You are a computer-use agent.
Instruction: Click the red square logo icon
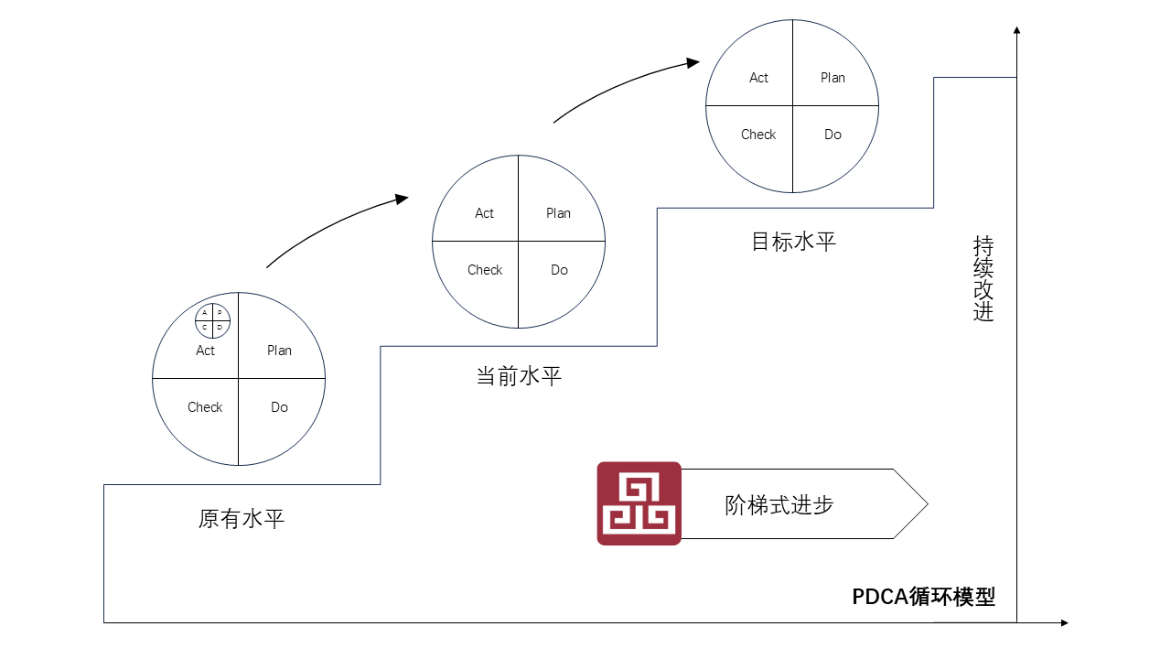click(639, 503)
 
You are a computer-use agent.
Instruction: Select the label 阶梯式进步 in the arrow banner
click(779, 505)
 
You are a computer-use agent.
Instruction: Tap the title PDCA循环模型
click(924, 597)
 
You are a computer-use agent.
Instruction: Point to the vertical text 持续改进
click(983, 279)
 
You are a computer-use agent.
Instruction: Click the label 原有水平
click(241, 519)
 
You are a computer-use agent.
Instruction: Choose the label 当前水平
click(519, 376)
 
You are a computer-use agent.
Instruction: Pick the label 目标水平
click(793, 242)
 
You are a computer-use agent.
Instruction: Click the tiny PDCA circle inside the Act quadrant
click(213, 320)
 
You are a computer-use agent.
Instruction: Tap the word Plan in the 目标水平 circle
click(833, 78)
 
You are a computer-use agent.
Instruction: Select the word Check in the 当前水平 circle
click(485, 270)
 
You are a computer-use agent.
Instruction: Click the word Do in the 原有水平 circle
click(279, 407)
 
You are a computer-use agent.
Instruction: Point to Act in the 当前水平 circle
click(484, 213)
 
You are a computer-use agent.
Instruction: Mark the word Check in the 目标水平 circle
click(758, 135)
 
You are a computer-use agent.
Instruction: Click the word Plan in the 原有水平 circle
click(279, 351)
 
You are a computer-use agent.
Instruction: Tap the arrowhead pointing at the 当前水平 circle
click(402, 199)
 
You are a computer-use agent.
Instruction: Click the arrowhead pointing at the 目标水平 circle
click(693, 63)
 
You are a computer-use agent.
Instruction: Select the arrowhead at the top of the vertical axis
click(1016, 30)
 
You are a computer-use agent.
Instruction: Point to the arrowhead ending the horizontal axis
click(1064, 622)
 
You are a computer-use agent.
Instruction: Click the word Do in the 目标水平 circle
click(833, 135)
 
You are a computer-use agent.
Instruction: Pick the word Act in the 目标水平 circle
click(758, 78)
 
